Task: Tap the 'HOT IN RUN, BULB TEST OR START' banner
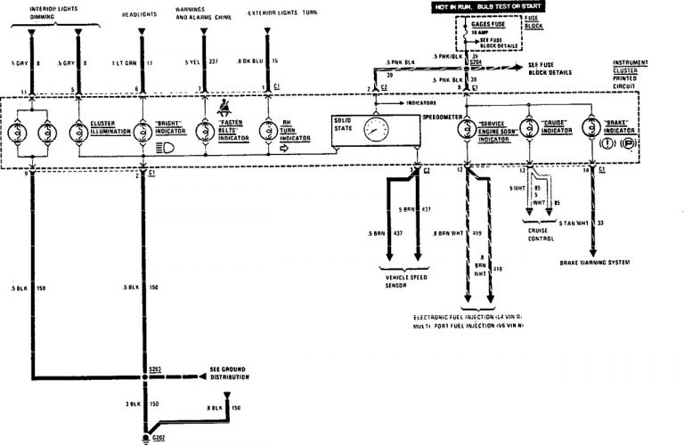[x=476, y=8]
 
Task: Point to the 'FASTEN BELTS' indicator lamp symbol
[x=205, y=129]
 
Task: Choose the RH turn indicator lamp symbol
[x=266, y=129]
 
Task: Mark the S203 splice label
[x=157, y=367]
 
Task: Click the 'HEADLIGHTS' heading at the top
[x=142, y=12]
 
